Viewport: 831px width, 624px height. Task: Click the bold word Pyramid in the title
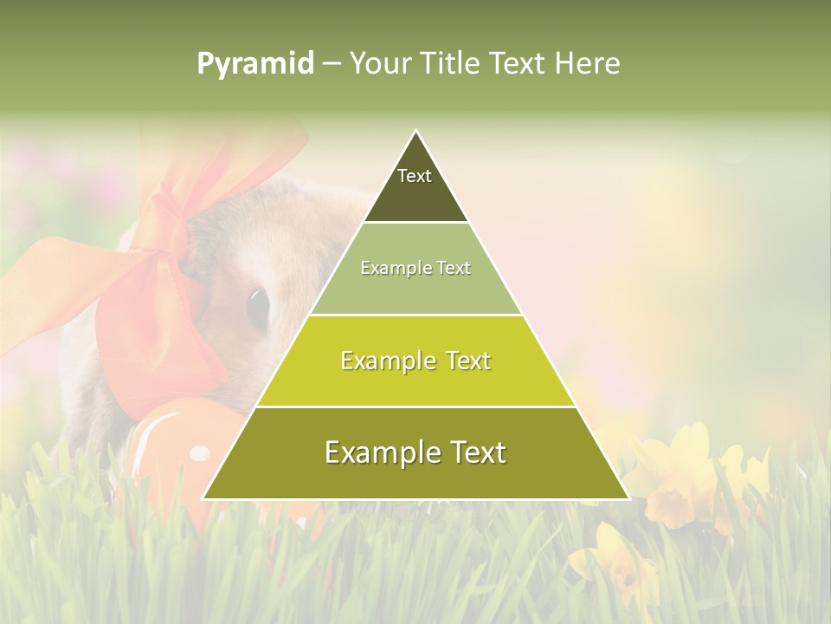(254, 64)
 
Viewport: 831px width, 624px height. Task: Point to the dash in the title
(332, 64)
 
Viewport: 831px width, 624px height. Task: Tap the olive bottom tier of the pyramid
(415, 472)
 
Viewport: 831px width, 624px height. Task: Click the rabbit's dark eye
(258, 308)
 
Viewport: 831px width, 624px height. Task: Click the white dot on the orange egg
(200, 453)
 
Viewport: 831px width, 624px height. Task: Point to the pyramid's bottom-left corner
(204, 497)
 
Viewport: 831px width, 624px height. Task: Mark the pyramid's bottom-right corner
(628, 497)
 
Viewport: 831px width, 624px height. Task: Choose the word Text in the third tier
(465, 361)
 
